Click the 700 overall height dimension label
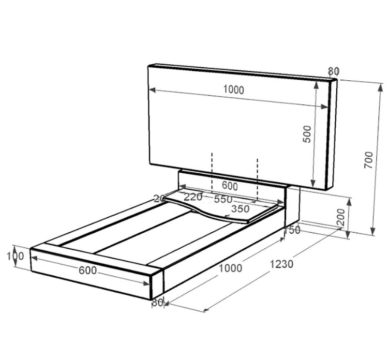pos(369,160)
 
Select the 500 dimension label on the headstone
pos(307,134)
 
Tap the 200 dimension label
pos(341,217)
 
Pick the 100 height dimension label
pos(15,255)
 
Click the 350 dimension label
pos(240,209)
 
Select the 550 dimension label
pos(223,199)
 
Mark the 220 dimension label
pos(193,197)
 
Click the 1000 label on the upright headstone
pos(234,90)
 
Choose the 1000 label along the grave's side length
pos(230,269)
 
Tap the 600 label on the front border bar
pos(87,271)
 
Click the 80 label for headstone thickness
pos(333,72)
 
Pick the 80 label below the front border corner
pos(157,303)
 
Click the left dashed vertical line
pos(211,172)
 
